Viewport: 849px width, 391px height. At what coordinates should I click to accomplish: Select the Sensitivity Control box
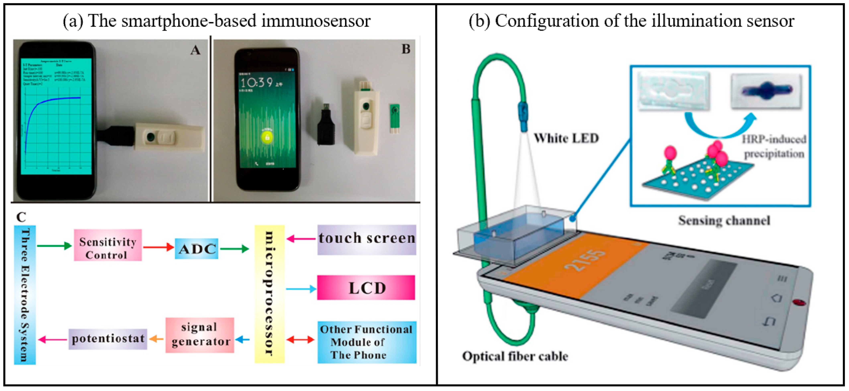pos(108,245)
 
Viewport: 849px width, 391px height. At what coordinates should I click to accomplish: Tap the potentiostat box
pos(108,339)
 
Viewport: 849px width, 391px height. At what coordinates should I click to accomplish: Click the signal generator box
pos(200,335)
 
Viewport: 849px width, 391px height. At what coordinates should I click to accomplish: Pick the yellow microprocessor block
pos(269,294)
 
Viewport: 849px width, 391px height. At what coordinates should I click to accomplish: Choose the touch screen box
pos(366,240)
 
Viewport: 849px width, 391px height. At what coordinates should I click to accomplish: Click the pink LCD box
pos(366,288)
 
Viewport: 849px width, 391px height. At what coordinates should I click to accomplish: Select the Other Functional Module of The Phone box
pos(366,342)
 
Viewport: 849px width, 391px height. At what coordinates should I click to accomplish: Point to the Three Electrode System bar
pos(25,295)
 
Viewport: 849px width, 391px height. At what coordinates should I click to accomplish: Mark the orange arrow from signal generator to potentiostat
pos(156,339)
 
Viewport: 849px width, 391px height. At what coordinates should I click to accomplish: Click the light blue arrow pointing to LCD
pos(301,289)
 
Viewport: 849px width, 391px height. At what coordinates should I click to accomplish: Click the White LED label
pos(566,138)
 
